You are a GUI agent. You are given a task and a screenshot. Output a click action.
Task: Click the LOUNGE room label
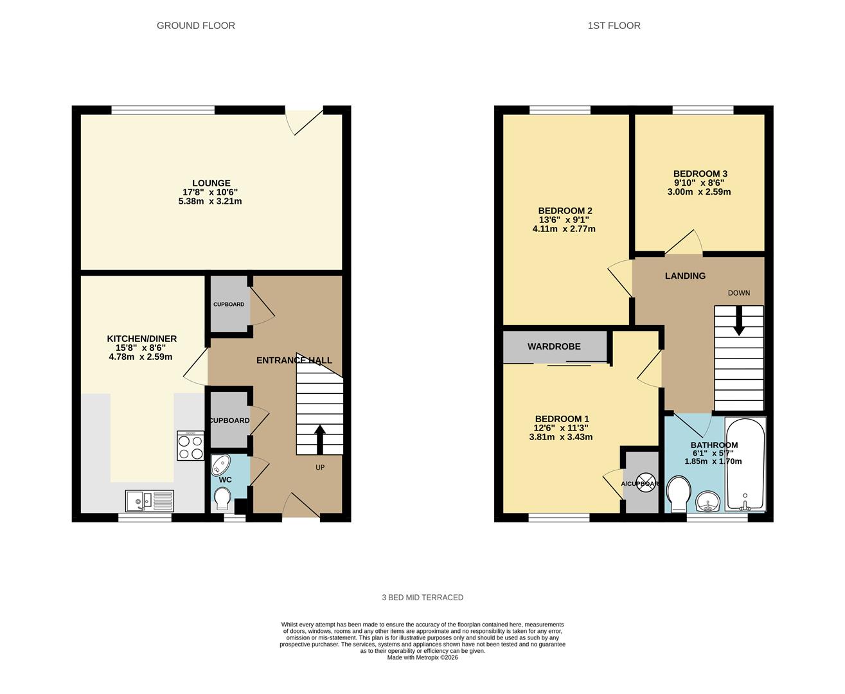(211, 183)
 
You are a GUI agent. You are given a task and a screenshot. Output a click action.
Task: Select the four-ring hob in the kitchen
(190, 445)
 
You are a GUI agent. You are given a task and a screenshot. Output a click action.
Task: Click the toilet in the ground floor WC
(223, 498)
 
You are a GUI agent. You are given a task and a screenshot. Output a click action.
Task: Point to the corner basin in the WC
(220, 464)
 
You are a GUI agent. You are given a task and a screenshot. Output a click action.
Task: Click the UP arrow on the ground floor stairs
(319, 439)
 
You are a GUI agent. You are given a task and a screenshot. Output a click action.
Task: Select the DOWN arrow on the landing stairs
(739, 320)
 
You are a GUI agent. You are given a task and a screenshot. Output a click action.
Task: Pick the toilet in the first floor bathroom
(679, 495)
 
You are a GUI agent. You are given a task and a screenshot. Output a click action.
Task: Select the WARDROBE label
(554, 346)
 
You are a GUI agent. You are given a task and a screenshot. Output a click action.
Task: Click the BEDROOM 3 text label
(700, 173)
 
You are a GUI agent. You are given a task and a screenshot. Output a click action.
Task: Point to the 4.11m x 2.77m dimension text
(564, 229)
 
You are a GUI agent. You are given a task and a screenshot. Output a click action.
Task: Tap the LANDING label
(685, 276)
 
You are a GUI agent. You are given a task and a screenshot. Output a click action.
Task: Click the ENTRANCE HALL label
(294, 360)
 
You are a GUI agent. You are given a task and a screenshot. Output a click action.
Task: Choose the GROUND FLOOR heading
(196, 26)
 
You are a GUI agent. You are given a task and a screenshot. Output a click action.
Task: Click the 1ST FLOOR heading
(614, 26)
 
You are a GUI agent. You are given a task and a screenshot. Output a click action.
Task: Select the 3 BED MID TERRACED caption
(422, 598)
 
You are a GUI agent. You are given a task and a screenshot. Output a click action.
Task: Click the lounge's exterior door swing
(302, 121)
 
